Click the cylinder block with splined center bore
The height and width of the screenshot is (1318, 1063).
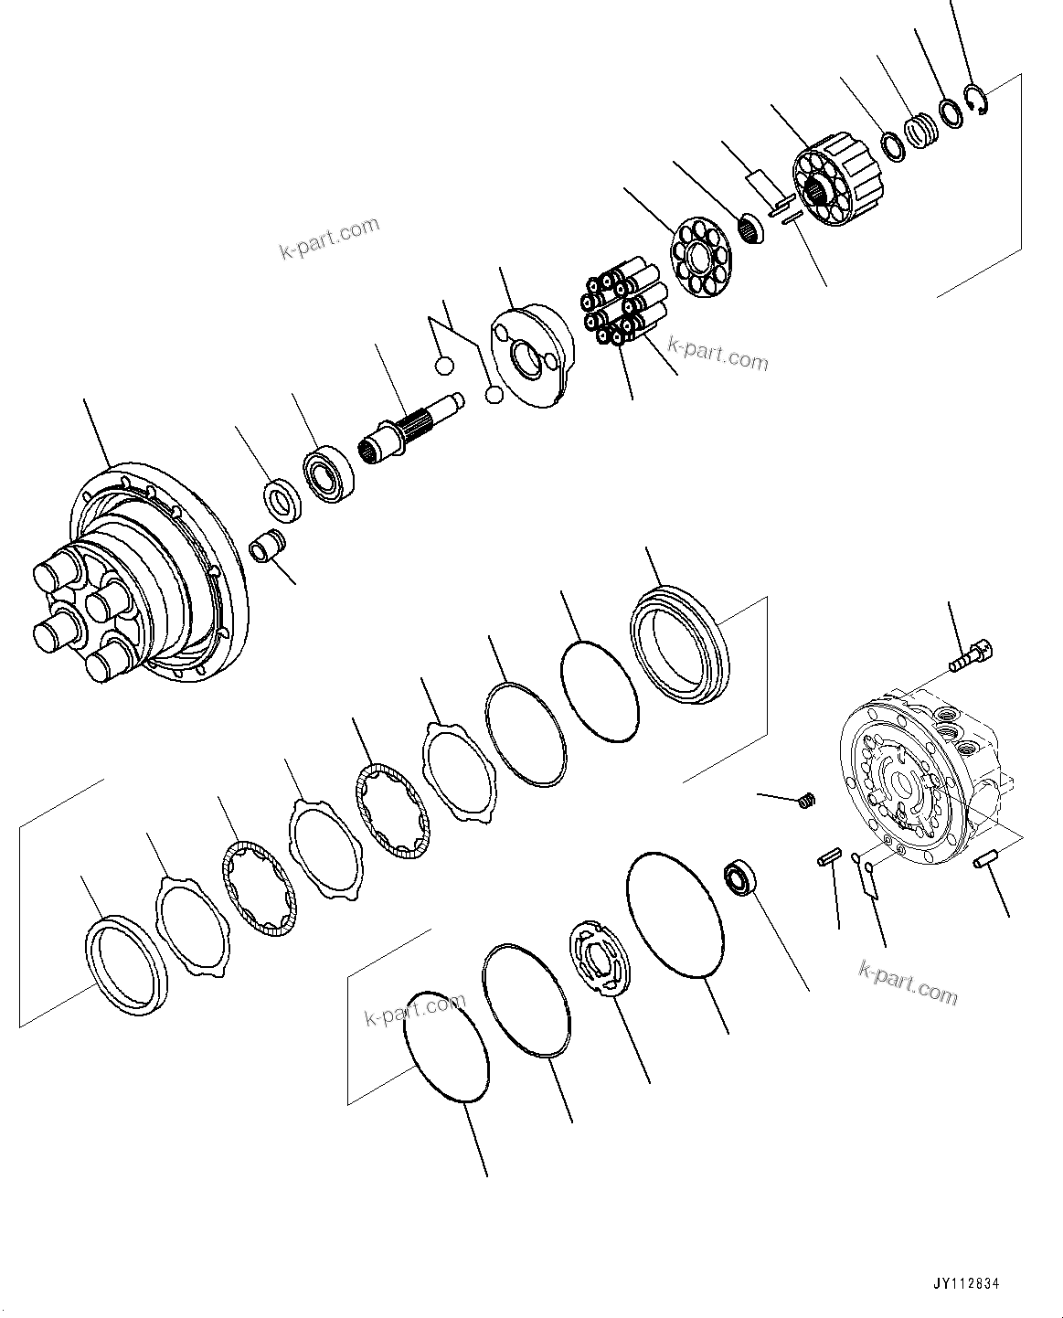tap(838, 180)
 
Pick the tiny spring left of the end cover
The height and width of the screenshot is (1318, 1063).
tap(805, 801)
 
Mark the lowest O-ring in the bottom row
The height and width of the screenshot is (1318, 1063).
tap(446, 1047)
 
